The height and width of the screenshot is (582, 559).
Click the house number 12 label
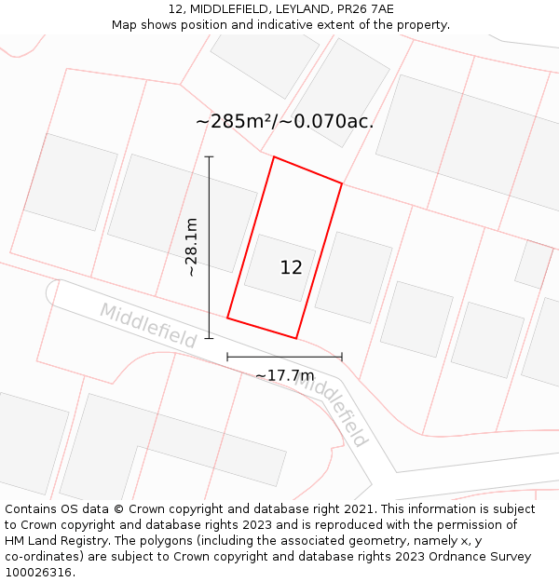(291, 268)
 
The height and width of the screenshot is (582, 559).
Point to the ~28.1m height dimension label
(191, 247)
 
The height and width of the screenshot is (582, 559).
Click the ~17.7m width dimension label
(284, 375)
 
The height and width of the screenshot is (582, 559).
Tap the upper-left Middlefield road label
(148, 325)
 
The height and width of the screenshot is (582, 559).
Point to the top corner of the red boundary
(274, 157)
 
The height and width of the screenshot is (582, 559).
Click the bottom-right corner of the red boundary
(296, 338)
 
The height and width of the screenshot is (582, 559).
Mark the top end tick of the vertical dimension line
(210, 157)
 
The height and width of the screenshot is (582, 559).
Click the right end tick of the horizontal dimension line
(342, 357)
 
